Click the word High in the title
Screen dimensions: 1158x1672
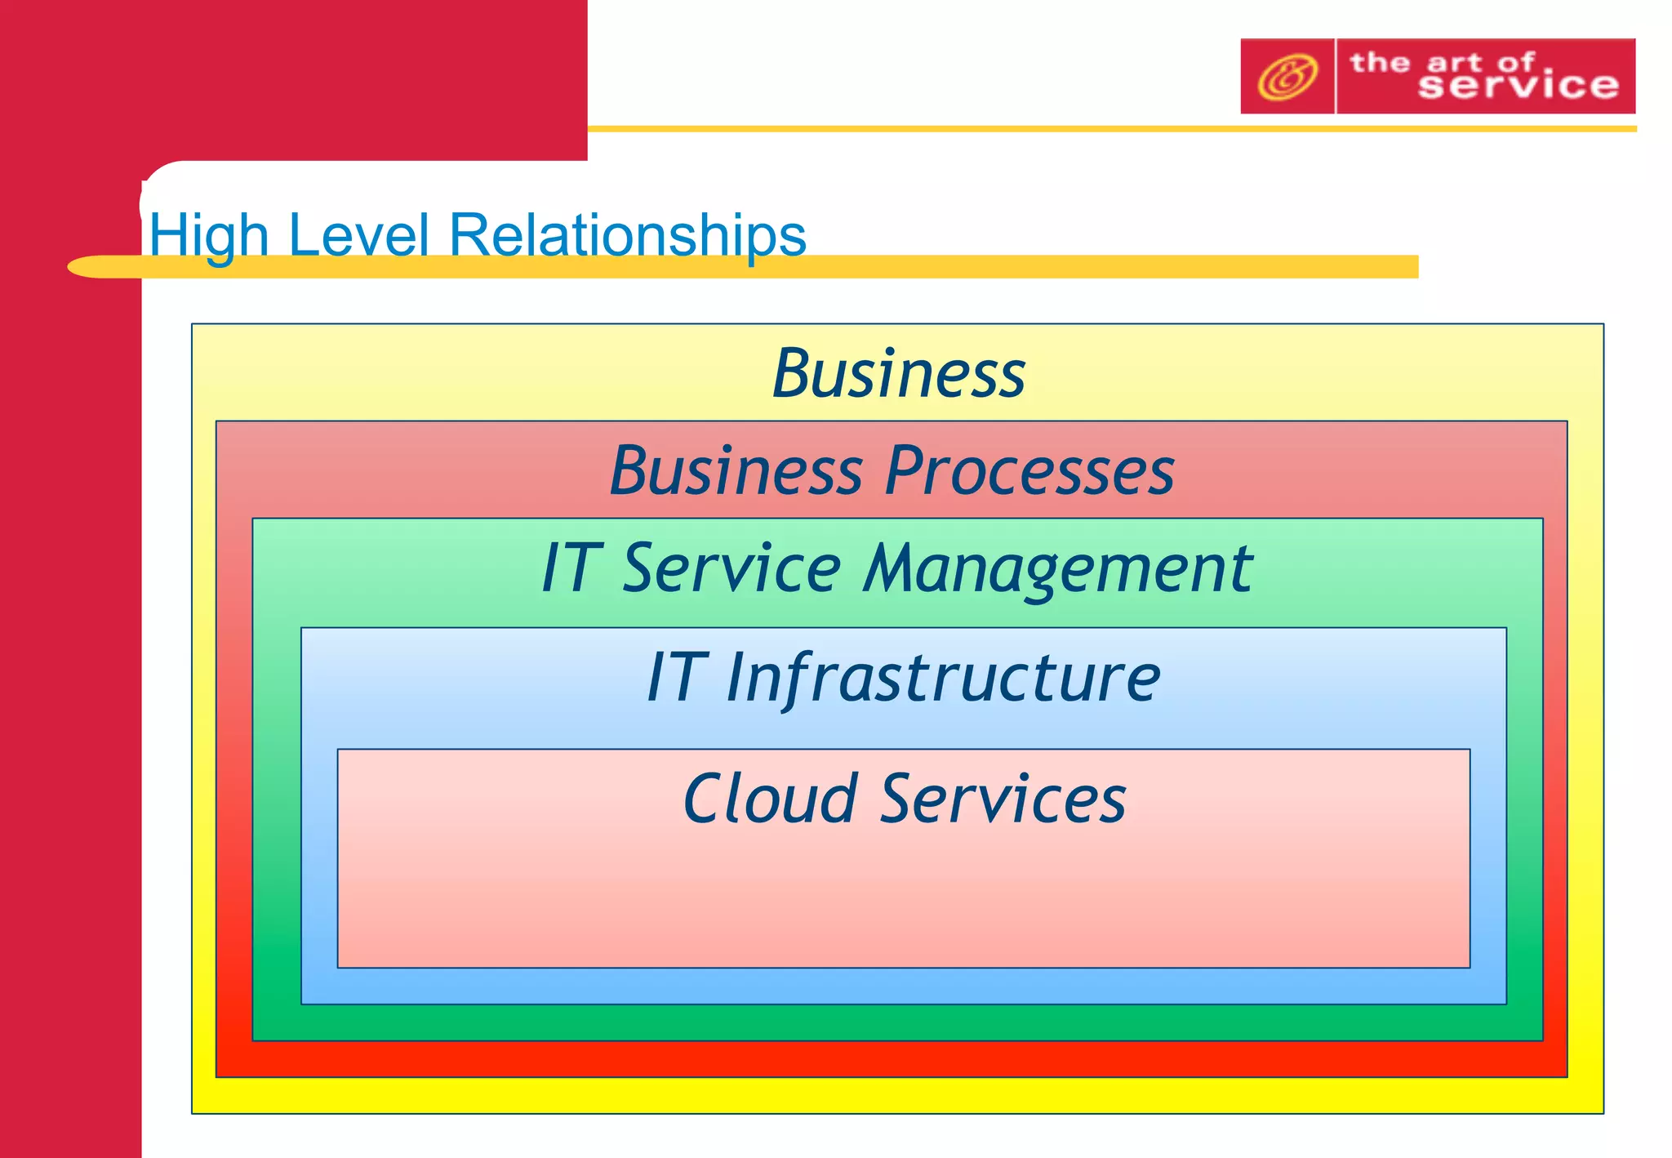coord(209,235)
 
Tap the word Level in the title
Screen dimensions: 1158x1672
coord(358,235)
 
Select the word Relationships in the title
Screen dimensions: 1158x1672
coord(627,235)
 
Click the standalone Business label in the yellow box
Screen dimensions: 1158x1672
coord(898,374)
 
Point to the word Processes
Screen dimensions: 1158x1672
coord(1029,471)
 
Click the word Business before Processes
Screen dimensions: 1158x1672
coord(736,471)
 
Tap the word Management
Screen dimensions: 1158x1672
coord(1058,568)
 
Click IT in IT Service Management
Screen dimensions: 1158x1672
coord(571,568)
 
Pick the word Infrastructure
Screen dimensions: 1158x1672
coord(943,678)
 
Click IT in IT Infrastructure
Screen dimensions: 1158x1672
coord(674,678)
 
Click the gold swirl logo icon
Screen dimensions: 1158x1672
coord(1287,77)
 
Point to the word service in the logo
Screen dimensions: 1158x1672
coord(1518,86)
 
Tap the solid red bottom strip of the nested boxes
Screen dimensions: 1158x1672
coord(890,1059)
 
